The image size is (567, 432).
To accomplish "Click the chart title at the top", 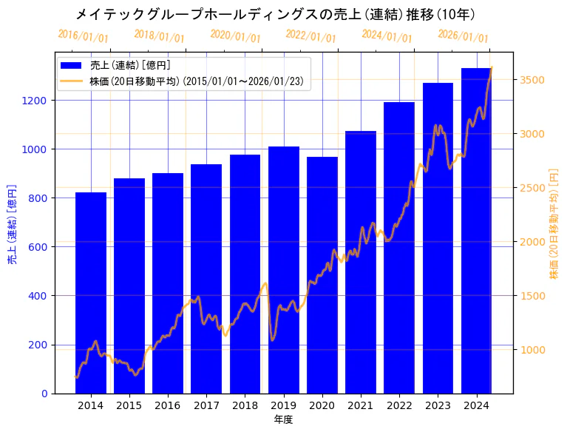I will click(x=275, y=14).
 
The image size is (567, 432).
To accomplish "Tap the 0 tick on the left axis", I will click(x=44, y=394).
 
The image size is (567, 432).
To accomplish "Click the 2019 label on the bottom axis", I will click(x=283, y=405).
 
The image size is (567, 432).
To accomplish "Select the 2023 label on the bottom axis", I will click(x=438, y=405).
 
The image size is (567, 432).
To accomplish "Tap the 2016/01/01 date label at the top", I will click(x=83, y=36).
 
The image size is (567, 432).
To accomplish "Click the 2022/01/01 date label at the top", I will click(x=310, y=36).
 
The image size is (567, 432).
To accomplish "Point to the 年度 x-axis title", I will click(x=283, y=419).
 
